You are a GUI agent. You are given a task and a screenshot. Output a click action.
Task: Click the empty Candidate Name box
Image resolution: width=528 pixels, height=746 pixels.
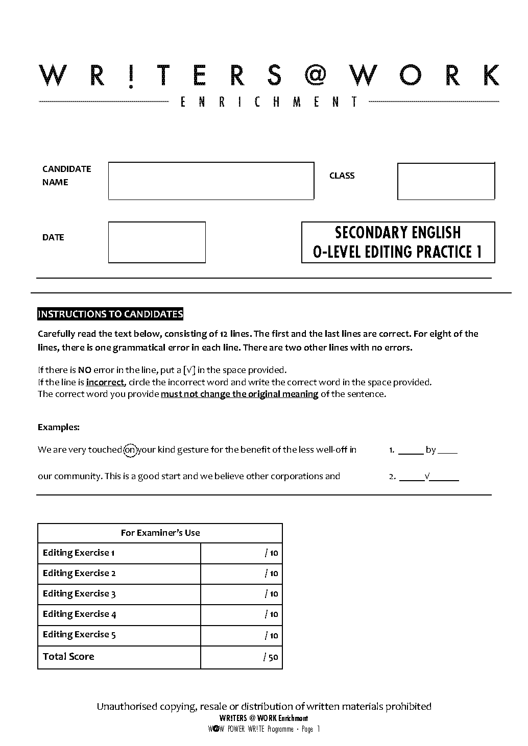pyautogui.click(x=211, y=181)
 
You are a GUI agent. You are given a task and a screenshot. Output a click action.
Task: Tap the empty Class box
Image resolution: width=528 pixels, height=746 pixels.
pyautogui.click(x=446, y=181)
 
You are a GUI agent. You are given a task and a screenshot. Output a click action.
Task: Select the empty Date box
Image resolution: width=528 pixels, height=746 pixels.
pyautogui.click(x=157, y=242)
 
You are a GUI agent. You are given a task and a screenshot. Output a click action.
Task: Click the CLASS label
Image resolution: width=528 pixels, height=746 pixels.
pyautogui.click(x=342, y=176)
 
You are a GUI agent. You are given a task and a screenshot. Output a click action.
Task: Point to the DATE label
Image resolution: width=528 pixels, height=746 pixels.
pyautogui.click(x=53, y=237)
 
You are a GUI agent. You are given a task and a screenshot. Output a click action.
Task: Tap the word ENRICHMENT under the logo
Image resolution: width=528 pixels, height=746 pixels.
pyautogui.click(x=269, y=102)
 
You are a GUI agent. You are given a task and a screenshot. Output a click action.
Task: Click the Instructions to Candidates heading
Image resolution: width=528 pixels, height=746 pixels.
pyautogui.click(x=110, y=314)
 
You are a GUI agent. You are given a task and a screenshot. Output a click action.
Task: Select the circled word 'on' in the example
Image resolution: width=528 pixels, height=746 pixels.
pyautogui.click(x=130, y=450)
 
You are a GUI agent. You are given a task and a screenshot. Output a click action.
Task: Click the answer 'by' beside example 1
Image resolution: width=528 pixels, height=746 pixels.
pyautogui.click(x=430, y=450)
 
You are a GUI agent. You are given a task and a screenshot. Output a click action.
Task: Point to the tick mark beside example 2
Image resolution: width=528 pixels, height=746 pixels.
pyautogui.click(x=427, y=477)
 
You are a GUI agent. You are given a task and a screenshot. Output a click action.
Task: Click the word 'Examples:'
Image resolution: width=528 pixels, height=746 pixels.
pyautogui.click(x=59, y=427)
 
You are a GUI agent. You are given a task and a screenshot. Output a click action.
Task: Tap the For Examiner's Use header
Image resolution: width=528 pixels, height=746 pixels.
pyautogui.click(x=160, y=533)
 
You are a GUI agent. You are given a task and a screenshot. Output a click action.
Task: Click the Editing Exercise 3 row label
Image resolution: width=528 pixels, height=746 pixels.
pyautogui.click(x=79, y=594)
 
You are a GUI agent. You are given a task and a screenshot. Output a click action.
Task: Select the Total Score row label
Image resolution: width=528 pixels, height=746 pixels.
pyautogui.click(x=68, y=657)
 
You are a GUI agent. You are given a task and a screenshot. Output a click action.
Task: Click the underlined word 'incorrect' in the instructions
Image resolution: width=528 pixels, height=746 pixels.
pyautogui.click(x=105, y=382)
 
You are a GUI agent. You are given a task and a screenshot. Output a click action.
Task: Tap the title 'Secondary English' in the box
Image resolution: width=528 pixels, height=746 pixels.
pyautogui.click(x=398, y=233)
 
